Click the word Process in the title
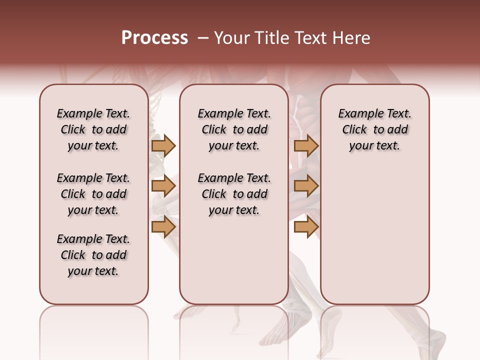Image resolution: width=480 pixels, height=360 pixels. pyautogui.click(x=154, y=38)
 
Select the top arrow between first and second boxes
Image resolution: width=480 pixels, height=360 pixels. pyautogui.click(x=163, y=145)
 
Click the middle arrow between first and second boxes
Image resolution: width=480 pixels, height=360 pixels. pyautogui.click(x=163, y=186)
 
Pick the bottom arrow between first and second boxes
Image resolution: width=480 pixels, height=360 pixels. pyautogui.click(x=163, y=226)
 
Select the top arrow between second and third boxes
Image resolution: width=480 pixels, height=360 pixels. pyautogui.click(x=306, y=145)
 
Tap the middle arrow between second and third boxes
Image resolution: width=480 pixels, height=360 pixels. pyautogui.click(x=306, y=186)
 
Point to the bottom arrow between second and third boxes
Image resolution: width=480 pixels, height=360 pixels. pyautogui.click(x=306, y=226)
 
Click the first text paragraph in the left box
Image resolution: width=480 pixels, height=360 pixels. pyautogui.click(x=93, y=129)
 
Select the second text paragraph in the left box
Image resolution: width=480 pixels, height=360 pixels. pyautogui.click(x=93, y=194)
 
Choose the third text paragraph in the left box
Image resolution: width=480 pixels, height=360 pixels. pyautogui.click(x=93, y=255)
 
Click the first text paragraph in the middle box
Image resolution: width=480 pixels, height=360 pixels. pyautogui.click(x=234, y=129)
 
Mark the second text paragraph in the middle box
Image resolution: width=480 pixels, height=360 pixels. pyautogui.click(x=234, y=194)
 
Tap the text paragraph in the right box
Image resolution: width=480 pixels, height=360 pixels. pyautogui.click(x=375, y=129)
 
